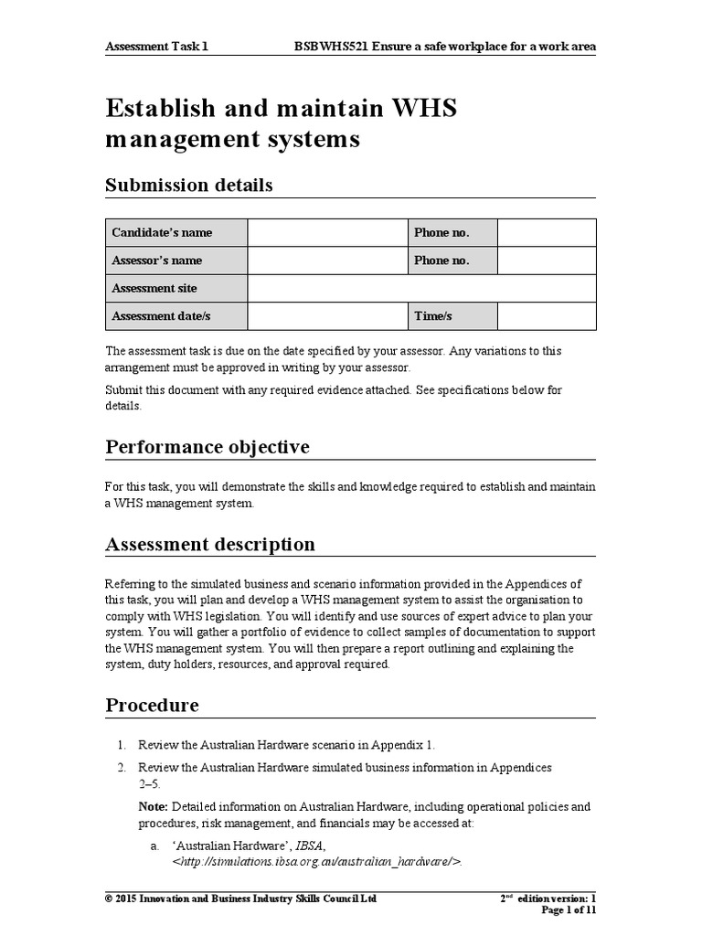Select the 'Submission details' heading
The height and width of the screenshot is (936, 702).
click(189, 186)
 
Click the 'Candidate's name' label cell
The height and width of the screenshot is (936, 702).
click(175, 233)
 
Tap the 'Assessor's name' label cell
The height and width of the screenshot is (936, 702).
click(175, 261)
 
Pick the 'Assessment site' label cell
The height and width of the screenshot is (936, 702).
click(175, 289)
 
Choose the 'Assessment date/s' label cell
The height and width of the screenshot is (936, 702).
click(175, 316)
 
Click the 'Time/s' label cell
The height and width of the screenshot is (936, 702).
click(452, 316)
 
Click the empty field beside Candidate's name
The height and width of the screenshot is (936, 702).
click(327, 233)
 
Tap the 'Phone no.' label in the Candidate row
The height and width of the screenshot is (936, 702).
click(452, 233)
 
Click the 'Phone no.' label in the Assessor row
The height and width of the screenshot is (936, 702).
click(452, 261)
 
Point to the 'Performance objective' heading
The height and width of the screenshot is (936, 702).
click(207, 447)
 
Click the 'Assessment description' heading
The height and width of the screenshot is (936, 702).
click(210, 545)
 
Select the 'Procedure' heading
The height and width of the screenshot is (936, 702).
click(152, 706)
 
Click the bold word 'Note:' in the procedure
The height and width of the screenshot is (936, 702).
click(153, 807)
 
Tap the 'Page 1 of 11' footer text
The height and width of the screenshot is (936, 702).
click(569, 910)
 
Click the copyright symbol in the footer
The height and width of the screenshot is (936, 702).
click(110, 899)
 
